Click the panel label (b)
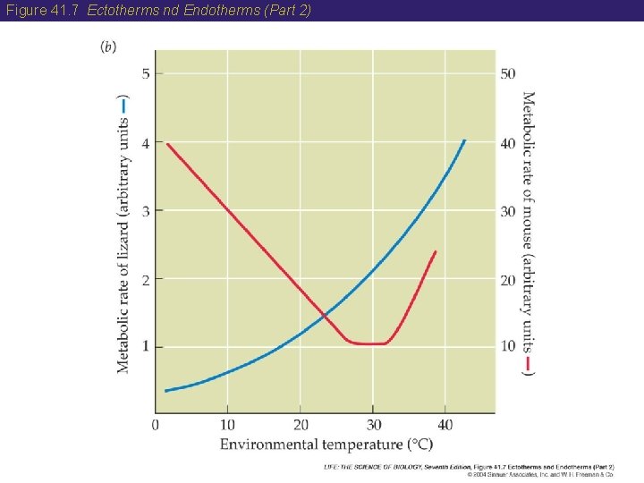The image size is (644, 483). tap(108, 47)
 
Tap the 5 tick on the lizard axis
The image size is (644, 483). tap(146, 73)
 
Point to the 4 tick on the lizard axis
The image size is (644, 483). tap(146, 142)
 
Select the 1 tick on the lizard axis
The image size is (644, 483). tap(146, 346)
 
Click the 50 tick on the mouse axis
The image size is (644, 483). tap(507, 73)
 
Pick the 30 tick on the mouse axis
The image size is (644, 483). tap(507, 211)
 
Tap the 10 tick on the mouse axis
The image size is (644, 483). tap(507, 346)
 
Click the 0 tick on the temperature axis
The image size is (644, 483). tap(156, 424)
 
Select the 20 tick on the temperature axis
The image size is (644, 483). tap(301, 424)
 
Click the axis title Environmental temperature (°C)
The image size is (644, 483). tap(326, 444)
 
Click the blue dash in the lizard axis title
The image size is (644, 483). tap(123, 103)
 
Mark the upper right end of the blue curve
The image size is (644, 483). tap(464, 140)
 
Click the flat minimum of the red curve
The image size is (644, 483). tap(367, 343)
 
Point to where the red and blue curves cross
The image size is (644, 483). tap(324, 315)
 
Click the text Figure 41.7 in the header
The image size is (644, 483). tap(44, 10)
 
